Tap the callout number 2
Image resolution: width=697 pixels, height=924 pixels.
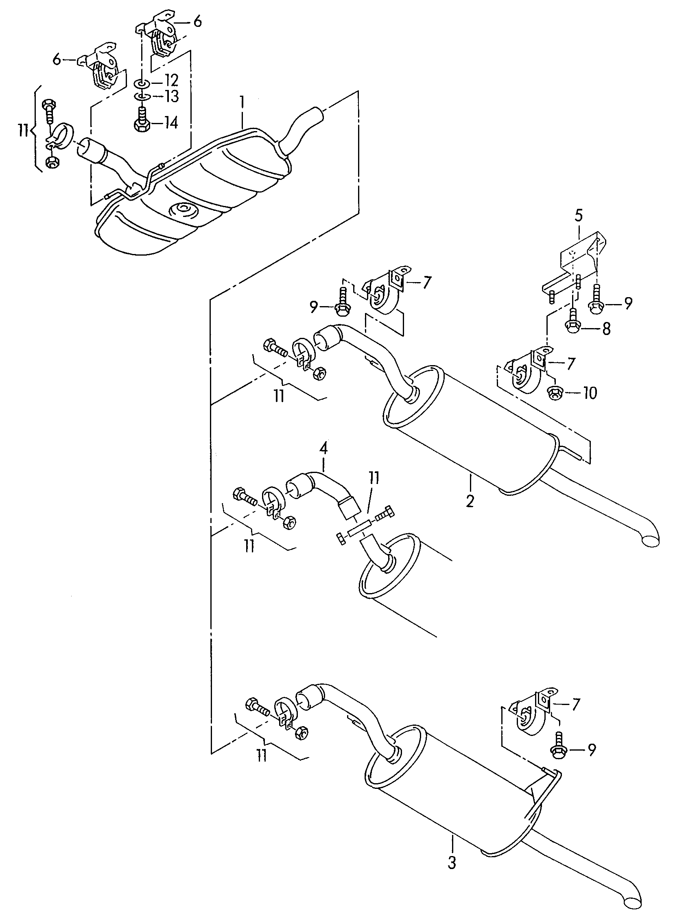470,500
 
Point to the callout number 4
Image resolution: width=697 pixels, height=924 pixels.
323,449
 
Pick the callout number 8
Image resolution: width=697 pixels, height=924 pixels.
605,329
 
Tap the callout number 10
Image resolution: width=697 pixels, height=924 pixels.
589,393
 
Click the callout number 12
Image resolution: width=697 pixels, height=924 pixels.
171,81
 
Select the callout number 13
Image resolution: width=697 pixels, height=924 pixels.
171,97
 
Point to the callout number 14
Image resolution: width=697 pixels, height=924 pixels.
171,123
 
